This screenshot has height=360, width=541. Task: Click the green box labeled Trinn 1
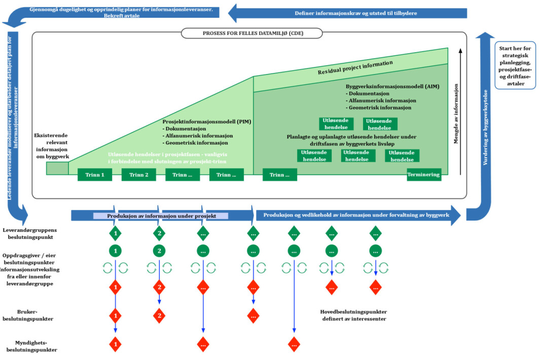pyautogui.click(x=95, y=174)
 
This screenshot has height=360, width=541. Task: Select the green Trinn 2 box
pyautogui.click(x=139, y=174)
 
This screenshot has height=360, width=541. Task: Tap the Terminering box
pyautogui.click(x=424, y=174)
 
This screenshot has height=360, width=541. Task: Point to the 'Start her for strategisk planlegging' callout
pyautogui.click(x=515, y=65)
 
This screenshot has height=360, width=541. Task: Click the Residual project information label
pyautogui.click(x=355, y=67)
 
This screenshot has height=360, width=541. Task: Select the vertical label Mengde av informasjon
pyautogui.click(x=456, y=114)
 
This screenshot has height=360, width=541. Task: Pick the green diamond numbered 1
pyautogui.click(x=115, y=233)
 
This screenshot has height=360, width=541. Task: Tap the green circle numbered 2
pyautogui.click(x=159, y=251)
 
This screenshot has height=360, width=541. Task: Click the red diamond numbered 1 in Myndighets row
pyautogui.click(x=115, y=344)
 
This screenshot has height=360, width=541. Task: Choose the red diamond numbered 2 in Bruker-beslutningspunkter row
pyautogui.click(x=159, y=315)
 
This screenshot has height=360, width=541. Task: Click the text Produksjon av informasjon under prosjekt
pyautogui.click(x=161, y=216)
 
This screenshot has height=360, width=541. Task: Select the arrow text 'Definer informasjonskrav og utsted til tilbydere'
pyautogui.click(x=356, y=13)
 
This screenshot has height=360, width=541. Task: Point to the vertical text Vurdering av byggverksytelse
pyautogui.click(x=485, y=127)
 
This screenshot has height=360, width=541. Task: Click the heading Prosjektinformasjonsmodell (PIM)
pyautogui.click(x=207, y=122)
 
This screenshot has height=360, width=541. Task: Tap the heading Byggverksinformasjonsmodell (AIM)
pyautogui.click(x=392, y=86)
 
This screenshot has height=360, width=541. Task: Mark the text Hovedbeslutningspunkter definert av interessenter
pyautogui.click(x=353, y=315)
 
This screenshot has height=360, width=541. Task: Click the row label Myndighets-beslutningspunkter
pyautogui.click(x=31, y=346)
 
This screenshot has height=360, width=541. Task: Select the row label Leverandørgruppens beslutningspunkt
pyautogui.click(x=30, y=233)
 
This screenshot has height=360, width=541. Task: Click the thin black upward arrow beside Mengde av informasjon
pyautogui.click(x=460, y=112)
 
